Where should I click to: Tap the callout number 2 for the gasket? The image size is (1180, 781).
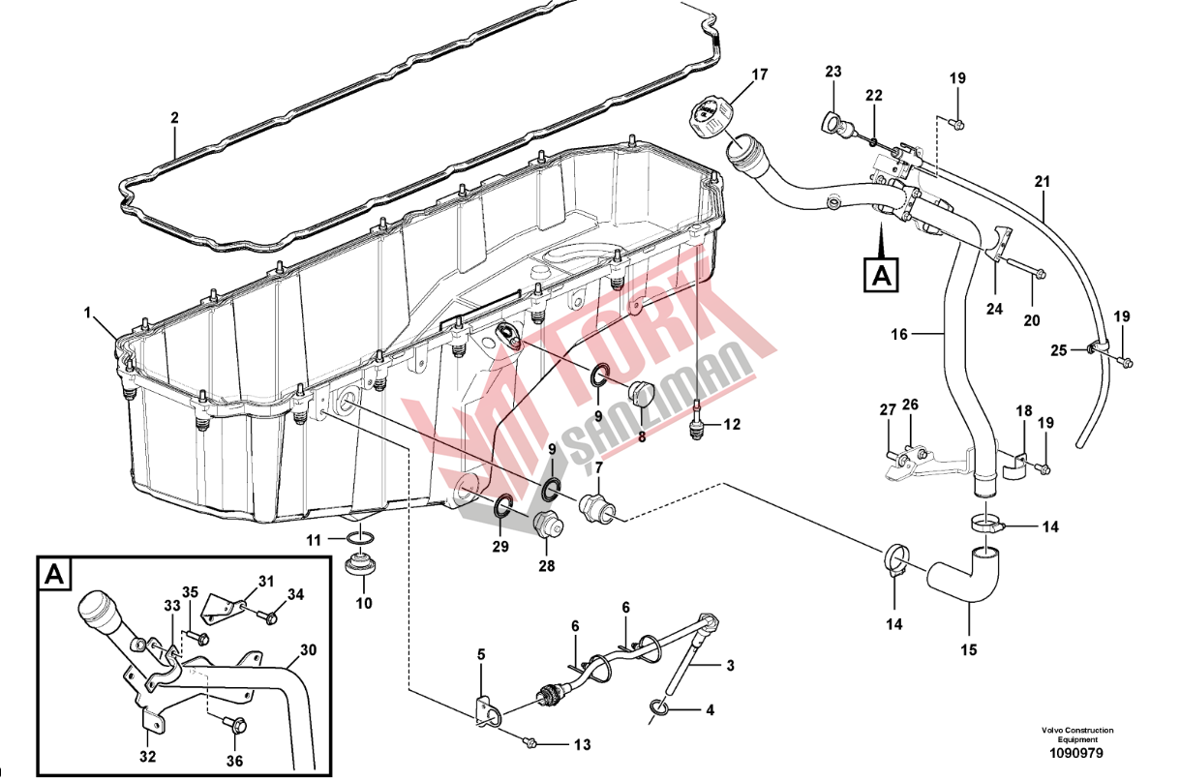click(x=174, y=118)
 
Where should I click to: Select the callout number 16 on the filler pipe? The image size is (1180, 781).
click(x=900, y=334)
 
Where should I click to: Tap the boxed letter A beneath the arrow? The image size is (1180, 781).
click(x=879, y=274)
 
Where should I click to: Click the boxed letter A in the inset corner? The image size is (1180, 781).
click(x=55, y=575)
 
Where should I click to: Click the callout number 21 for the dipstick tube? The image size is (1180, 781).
click(x=1042, y=181)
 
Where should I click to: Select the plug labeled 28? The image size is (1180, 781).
click(x=548, y=527)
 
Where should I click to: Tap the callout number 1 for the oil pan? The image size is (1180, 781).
click(x=87, y=313)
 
